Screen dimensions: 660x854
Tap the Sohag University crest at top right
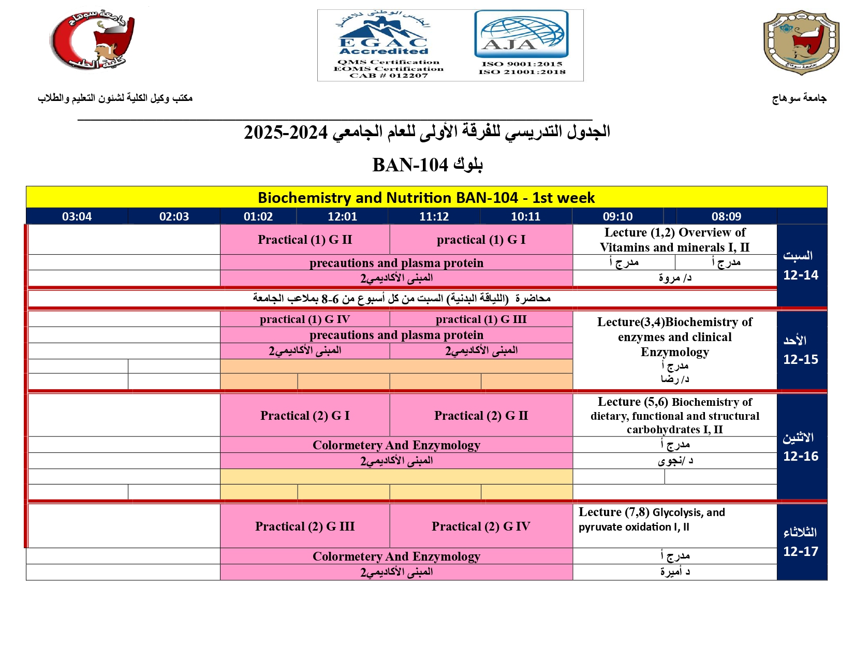coord(801,42)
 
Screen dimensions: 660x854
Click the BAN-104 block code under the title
coord(410,165)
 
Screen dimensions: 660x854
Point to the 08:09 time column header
coord(726,216)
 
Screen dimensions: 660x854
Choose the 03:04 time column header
coord(77,216)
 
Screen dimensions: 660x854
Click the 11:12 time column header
coord(434,216)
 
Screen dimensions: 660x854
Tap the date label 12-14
coord(801,275)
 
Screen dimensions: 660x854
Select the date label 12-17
coord(801,551)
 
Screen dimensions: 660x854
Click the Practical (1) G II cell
coord(305,240)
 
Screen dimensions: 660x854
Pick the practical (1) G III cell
coord(481,319)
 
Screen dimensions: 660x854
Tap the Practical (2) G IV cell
coord(481,526)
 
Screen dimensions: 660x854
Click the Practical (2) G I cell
coord(305,416)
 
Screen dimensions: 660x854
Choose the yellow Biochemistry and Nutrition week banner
coord(426,198)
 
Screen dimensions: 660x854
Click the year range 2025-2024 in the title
coord(286,133)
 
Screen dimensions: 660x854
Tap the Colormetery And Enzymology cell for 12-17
coord(396,556)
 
